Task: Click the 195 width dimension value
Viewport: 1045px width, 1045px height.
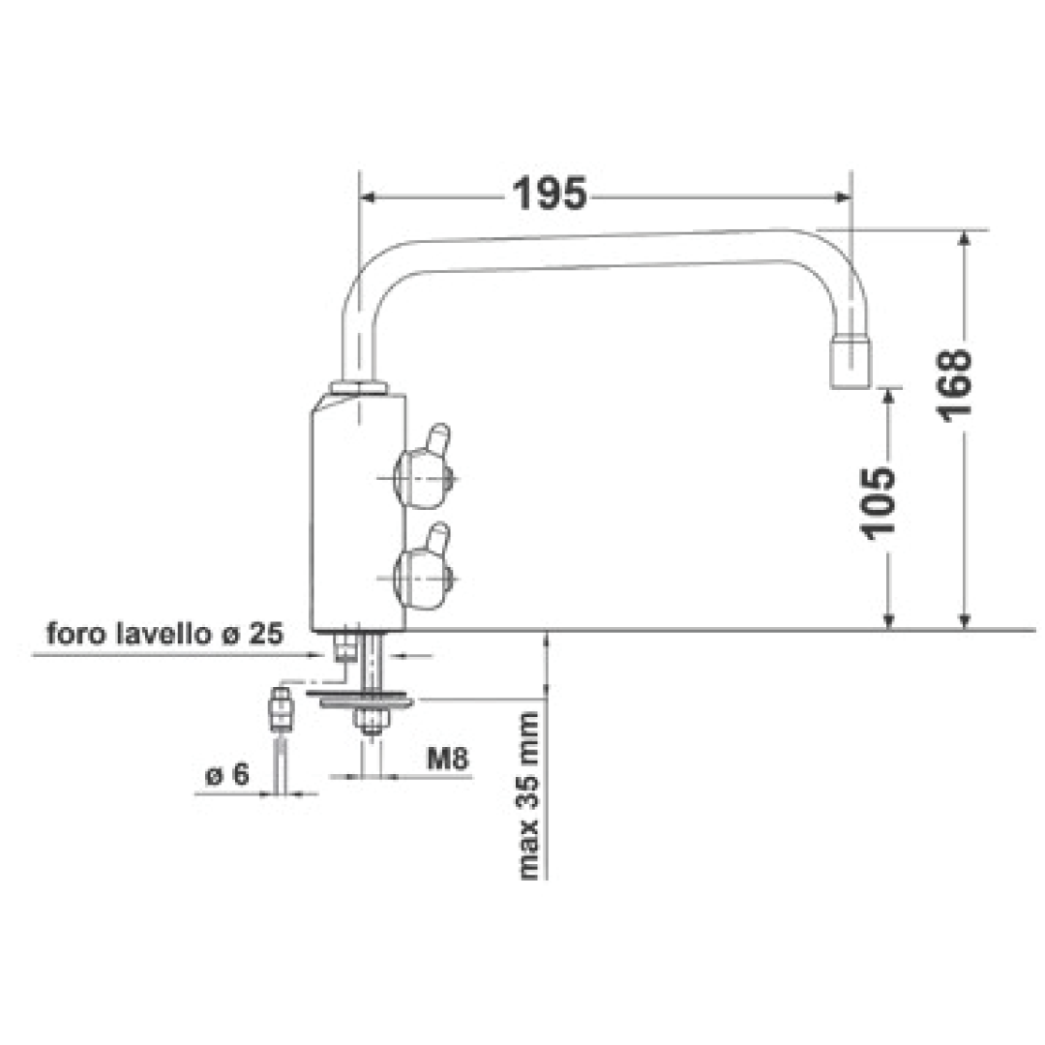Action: click(x=550, y=195)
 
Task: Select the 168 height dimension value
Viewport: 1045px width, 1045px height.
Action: click(x=955, y=383)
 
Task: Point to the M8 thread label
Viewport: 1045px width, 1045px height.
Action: click(x=448, y=760)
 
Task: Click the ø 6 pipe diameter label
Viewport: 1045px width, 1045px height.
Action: click(x=227, y=775)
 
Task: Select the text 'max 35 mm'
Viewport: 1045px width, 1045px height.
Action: click(x=529, y=795)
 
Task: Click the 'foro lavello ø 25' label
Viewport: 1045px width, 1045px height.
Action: click(x=164, y=635)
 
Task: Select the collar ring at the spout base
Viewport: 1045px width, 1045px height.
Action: click(x=359, y=388)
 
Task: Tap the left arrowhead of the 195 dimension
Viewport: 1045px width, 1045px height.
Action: click(x=368, y=197)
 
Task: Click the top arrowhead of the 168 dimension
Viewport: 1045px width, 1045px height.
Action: click(x=964, y=239)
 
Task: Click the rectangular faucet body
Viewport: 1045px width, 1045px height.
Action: click(x=356, y=513)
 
